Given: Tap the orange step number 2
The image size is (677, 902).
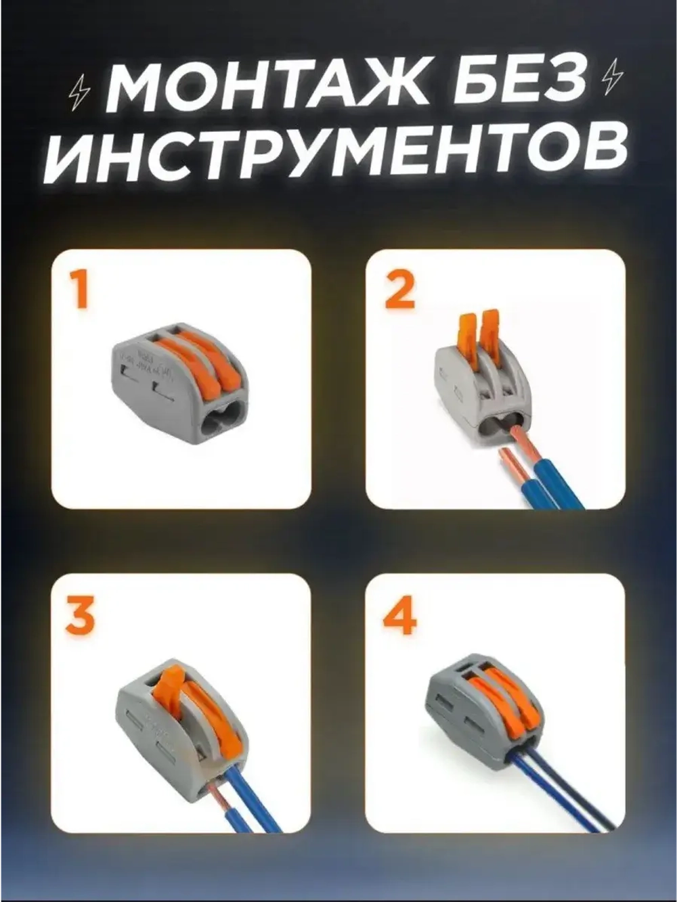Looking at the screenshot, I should pos(399,290).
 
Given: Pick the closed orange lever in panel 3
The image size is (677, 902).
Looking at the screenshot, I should pos(217,724).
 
